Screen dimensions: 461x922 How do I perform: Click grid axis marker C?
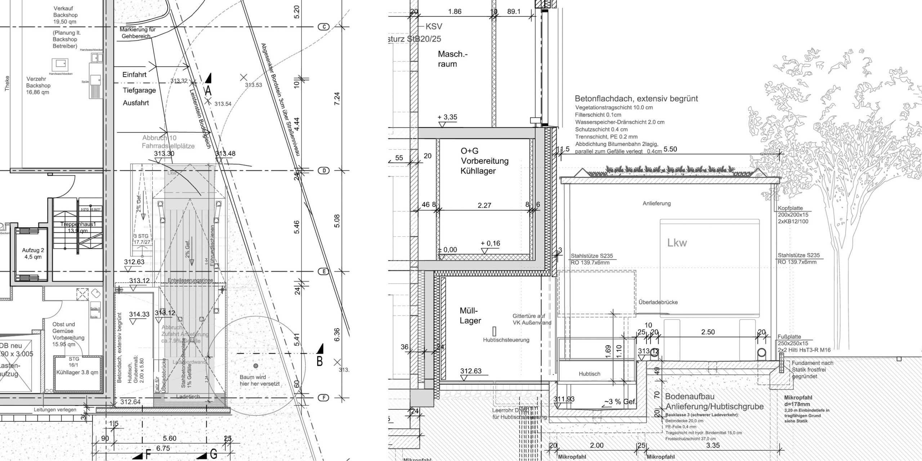[x=324, y=27]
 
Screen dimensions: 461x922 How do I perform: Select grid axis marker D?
[x=324, y=170]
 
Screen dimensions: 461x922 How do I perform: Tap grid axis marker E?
[x=324, y=272]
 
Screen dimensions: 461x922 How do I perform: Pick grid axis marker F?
[x=324, y=398]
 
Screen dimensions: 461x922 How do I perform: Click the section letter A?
[x=208, y=91]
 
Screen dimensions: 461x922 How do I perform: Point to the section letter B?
[x=319, y=361]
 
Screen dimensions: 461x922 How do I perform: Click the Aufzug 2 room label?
[x=33, y=254]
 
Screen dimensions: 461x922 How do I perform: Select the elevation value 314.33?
[x=139, y=314]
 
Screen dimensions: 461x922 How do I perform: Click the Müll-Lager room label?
[x=470, y=315]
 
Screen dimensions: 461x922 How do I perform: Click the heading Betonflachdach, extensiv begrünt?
[x=636, y=98]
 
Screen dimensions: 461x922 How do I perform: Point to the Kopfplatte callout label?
[x=790, y=208]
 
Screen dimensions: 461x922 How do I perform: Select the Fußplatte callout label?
[x=789, y=337]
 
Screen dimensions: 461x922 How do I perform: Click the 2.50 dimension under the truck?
[x=708, y=332]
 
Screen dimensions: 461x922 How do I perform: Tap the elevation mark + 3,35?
[x=447, y=117]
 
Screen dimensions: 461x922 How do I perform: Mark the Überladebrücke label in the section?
[x=658, y=302]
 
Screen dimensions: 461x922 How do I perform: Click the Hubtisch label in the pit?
[x=590, y=374]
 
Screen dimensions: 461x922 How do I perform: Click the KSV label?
[x=434, y=26]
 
